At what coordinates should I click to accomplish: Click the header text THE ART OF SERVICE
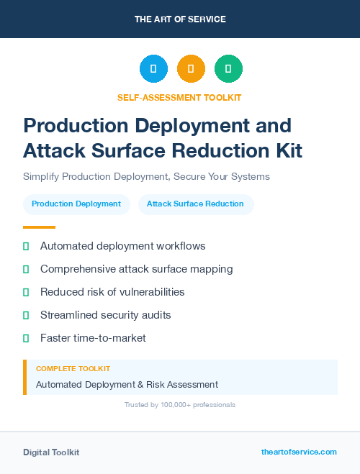point(180,19)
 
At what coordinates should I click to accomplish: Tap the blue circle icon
point(153,69)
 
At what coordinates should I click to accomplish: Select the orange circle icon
point(191,69)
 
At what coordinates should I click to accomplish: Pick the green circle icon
point(228,69)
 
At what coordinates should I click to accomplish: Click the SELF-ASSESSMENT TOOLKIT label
point(179,97)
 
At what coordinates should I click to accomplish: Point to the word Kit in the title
point(285,151)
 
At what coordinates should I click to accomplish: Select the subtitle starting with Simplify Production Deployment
point(146,176)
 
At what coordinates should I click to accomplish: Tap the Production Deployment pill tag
point(76,204)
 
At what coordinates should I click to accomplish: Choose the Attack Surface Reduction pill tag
point(195,204)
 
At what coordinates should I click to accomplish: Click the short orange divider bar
point(39,227)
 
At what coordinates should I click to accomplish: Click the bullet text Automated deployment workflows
point(122,246)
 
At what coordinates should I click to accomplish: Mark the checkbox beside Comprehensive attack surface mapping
point(26,269)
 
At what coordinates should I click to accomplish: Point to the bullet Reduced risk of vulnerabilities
point(112,292)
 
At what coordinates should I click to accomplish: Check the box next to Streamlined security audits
point(26,315)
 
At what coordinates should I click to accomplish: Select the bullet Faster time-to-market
point(93,337)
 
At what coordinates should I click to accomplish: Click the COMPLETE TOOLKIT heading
point(73,368)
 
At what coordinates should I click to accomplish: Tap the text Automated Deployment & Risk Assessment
point(127,385)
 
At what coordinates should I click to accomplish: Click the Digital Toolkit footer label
point(51,452)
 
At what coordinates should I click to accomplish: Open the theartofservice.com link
point(299,452)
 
